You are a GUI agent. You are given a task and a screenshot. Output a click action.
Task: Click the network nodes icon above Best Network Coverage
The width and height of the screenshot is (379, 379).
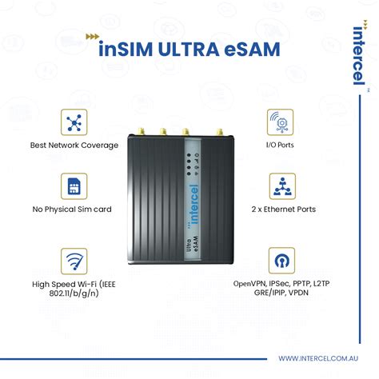coord(74,122)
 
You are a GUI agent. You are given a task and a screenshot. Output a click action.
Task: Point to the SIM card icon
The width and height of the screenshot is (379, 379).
coord(74,186)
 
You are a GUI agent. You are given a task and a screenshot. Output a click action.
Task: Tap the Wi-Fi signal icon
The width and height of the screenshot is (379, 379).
coord(74,261)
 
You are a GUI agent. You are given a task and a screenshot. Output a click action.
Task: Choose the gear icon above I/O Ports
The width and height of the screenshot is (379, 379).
coord(280,122)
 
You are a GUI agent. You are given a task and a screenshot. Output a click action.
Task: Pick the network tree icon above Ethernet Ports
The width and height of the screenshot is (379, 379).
coord(280,186)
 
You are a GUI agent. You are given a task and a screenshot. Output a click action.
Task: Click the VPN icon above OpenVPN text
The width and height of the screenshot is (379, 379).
coord(280,261)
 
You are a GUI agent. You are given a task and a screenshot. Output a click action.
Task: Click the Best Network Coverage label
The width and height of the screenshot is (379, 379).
coord(74,146)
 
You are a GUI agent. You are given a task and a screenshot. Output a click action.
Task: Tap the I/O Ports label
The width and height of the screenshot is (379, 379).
coord(280,146)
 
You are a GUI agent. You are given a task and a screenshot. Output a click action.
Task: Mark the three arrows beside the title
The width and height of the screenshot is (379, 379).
coord(94,37)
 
